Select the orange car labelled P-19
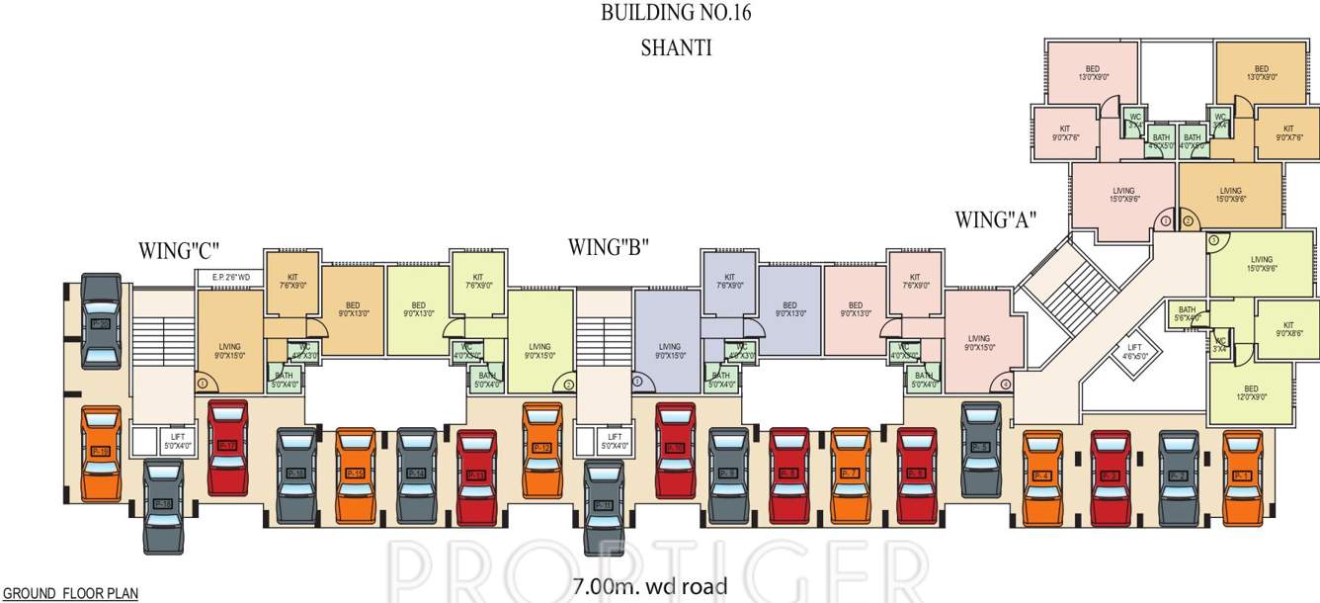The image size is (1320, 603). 101,452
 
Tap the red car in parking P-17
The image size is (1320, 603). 228,446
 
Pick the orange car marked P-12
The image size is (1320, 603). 542,448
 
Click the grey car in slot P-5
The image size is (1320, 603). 979,446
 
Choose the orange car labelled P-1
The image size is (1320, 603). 1243,475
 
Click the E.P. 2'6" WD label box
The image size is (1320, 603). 230,278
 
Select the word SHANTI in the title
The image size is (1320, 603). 676,48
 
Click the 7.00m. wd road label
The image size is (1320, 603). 649,586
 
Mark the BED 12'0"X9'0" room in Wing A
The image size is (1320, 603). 1251,392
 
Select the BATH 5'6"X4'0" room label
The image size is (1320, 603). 1187,312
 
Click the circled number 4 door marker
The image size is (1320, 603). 1006,384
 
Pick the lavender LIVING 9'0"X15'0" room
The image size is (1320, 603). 669,350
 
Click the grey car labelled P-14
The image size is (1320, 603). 417,474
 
